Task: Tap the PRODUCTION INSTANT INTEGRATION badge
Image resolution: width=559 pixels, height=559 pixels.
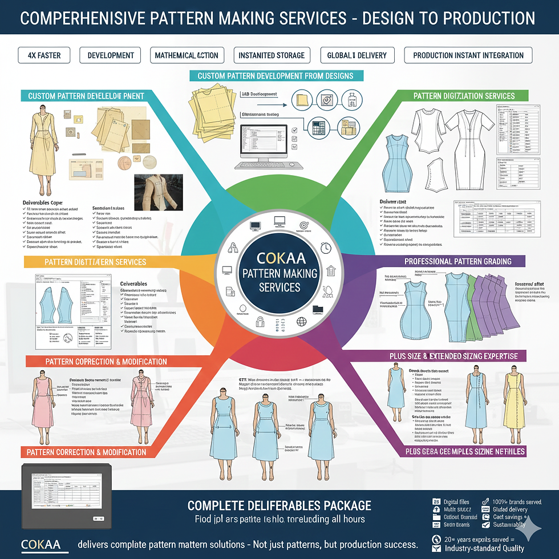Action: (468, 55)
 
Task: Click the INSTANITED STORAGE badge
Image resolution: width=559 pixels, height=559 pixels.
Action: (272, 55)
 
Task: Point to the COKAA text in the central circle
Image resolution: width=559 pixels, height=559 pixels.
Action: (279, 257)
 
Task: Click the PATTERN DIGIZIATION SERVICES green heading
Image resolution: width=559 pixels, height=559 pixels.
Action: (464, 96)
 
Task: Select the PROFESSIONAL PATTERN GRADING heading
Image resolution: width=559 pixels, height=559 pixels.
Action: (457, 261)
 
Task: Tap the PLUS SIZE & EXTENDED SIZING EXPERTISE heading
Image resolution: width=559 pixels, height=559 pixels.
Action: (453, 356)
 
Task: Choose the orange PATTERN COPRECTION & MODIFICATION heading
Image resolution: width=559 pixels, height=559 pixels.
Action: (98, 362)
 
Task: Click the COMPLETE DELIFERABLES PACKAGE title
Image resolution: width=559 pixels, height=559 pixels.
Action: (279, 505)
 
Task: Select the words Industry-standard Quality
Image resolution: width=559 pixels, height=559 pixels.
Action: (485, 549)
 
